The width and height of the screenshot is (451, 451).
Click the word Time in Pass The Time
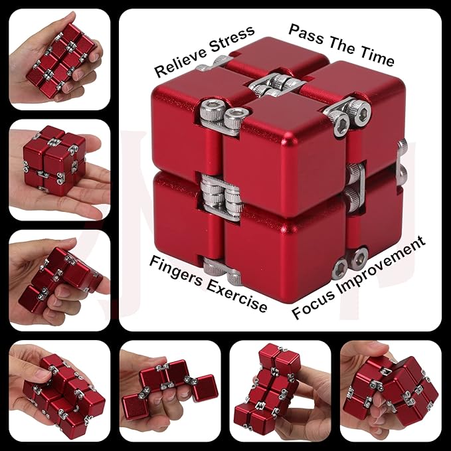[x=378, y=56]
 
